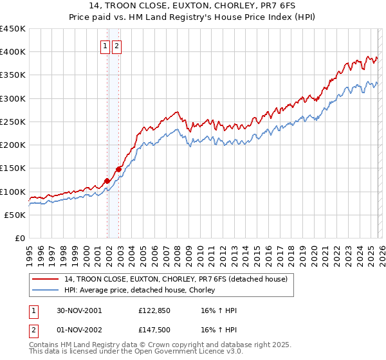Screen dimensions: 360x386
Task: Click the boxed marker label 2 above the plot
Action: pyautogui.click(x=116, y=46)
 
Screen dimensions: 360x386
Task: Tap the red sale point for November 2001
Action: pyautogui.click(x=107, y=181)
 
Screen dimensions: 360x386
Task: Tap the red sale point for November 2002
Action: pyautogui.click(x=118, y=169)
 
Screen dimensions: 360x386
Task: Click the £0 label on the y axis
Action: pyautogui.click(x=19, y=238)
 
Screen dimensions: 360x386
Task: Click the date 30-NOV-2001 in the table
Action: pyautogui.click(x=78, y=310)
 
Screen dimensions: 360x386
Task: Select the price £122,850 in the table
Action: pyautogui.click(x=153, y=310)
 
